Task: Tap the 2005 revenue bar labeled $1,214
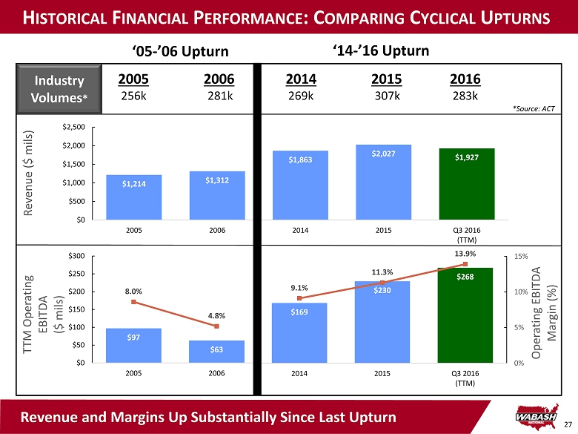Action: (134, 197)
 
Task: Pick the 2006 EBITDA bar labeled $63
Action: (217, 352)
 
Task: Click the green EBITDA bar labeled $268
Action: (466, 315)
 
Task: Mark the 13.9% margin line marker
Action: (465, 264)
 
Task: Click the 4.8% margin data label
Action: (217, 316)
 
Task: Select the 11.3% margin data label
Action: (382, 272)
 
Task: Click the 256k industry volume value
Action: (133, 96)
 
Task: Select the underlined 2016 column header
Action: (465, 79)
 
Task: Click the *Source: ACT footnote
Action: (534, 109)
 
